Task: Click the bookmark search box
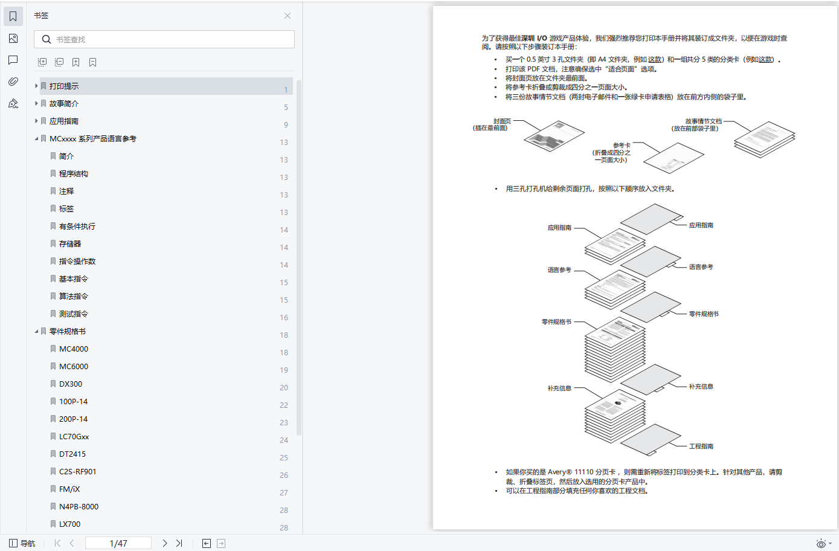(169, 39)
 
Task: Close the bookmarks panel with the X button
(288, 16)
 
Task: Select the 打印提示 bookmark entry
(64, 86)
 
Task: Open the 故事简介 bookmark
(64, 104)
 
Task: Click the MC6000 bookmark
(74, 367)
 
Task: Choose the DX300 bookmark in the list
(71, 384)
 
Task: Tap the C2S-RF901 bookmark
(77, 472)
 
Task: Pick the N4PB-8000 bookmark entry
(79, 507)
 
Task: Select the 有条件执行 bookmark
(77, 227)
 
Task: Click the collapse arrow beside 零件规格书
(36, 332)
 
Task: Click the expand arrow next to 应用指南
(36, 121)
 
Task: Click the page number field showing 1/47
(118, 543)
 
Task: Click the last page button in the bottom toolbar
(179, 543)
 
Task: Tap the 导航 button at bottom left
(22, 543)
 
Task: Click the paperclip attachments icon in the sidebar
(13, 82)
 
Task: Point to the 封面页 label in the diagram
(501, 121)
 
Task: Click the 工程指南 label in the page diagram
(701, 446)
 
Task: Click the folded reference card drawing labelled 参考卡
(673, 158)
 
